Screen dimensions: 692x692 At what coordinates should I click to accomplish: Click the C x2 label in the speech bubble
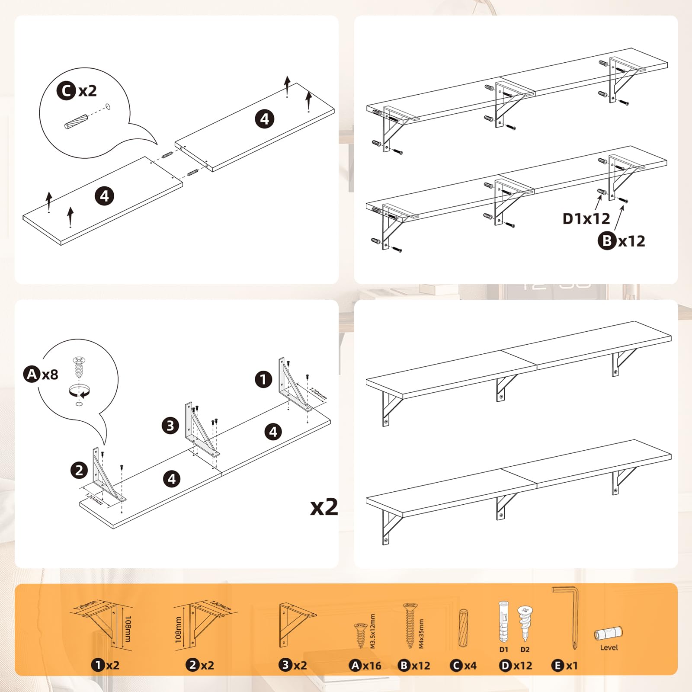click(x=77, y=91)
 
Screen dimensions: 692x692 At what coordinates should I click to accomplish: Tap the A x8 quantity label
click(x=41, y=374)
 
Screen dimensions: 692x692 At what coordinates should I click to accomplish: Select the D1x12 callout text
click(x=586, y=219)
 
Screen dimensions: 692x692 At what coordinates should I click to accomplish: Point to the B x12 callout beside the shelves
click(x=622, y=241)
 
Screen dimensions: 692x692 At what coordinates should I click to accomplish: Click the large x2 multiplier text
click(x=324, y=506)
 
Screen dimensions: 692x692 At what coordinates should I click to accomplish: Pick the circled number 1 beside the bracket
click(x=263, y=380)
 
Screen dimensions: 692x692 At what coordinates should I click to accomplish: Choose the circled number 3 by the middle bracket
click(x=170, y=426)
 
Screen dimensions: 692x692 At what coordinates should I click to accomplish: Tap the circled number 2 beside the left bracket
click(x=79, y=470)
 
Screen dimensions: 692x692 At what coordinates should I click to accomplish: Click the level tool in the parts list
click(x=608, y=634)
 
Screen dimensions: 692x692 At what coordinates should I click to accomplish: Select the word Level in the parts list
click(x=609, y=647)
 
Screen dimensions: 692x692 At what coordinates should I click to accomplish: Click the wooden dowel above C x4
click(x=463, y=628)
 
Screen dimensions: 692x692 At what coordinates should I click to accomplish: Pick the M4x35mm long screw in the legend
click(x=410, y=625)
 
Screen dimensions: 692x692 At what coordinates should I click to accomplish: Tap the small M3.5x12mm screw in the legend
click(x=360, y=635)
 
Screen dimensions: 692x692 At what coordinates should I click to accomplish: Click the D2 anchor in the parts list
click(x=525, y=622)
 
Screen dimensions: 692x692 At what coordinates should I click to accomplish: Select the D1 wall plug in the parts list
click(x=503, y=622)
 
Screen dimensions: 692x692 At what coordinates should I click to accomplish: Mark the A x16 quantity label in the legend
click(x=365, y=666)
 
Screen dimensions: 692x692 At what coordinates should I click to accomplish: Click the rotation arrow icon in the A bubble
click(x=79, y=391)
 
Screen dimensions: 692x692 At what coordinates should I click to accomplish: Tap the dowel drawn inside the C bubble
click(x=76, y=121)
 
